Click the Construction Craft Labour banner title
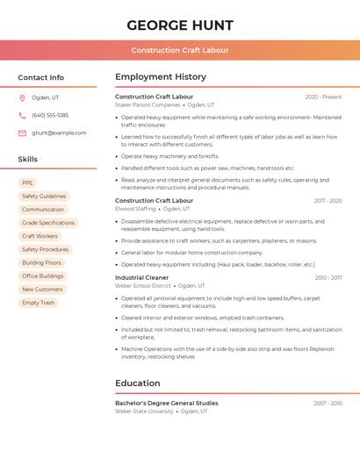[x=180, y=50]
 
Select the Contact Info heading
[x=40, y=77]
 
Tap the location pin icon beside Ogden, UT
[x=22, y=97]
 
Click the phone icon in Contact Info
[x=22, y=115]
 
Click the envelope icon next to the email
[x=22, y=132]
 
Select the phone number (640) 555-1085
[x=50, y=115]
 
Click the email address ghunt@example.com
[x=59, y=132]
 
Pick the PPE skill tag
[x=28, y=183]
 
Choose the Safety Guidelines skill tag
[x=44, y=197]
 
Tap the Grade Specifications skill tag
[x=48, y=223]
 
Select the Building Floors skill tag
[x=42, y=262]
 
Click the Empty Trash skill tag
[x=39, y=302]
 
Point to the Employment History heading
[x=161, y=77]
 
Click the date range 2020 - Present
[x=323, y=97]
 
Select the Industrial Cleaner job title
[x=141, y=277]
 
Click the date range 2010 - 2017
[x=328, y=277]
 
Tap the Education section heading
[x=138, y=383]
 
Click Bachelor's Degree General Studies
[x=167, y=403]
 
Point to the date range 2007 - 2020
[x=328, y=403]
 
